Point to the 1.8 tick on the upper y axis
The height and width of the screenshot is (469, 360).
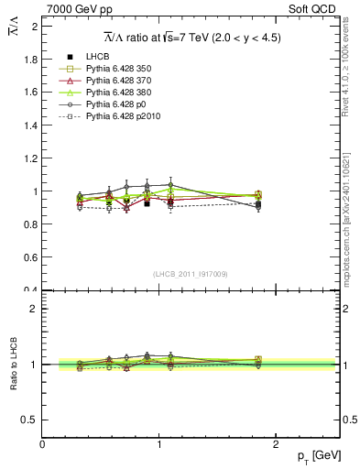coord(30,60)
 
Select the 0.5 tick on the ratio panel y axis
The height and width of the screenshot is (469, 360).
coord(30,420)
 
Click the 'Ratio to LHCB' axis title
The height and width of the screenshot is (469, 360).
coord(13,364)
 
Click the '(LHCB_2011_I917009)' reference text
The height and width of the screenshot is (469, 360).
coord(191,274)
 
